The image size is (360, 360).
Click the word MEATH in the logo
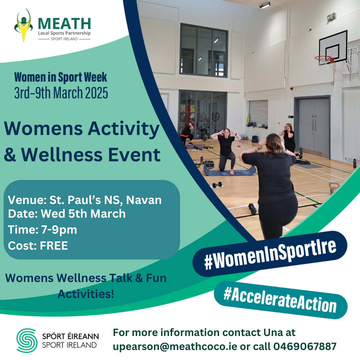[x=64, y=23]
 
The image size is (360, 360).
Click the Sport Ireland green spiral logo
[x=27, y=340]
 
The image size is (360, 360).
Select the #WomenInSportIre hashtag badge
[x=270, y=254]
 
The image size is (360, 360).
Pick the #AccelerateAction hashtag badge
[x=281, y=300]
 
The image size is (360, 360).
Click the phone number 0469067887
[x=305, y=346]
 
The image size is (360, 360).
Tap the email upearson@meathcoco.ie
[x=175, y=347]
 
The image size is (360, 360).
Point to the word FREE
[x=54, y=246]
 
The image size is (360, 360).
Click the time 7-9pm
[x=59, y=230]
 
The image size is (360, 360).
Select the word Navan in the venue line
[x=144, y=200]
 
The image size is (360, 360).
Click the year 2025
[x=96, y=93]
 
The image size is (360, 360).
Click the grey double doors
[x=314, y=126]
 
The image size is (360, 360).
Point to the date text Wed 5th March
[x=83, y=214]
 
